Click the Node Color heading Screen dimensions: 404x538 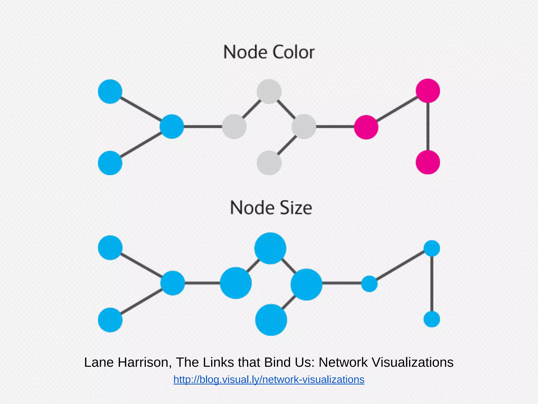(269, 52)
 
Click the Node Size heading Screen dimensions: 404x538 (271, 208)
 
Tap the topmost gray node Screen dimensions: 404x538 (269, 92)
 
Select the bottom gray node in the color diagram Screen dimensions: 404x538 (269, 163)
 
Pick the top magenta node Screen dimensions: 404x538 (428, 91)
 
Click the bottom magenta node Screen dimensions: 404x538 (428, 162)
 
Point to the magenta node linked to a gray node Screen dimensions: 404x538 (366, 127)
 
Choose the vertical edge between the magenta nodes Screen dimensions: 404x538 (428, 127)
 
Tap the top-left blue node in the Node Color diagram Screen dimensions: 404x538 (110, 92)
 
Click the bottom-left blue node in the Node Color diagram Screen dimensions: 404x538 (110, 163)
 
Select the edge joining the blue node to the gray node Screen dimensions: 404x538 (203, 127)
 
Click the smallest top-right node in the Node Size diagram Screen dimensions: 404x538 (432, 248)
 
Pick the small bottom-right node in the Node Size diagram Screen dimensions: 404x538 (432, 319)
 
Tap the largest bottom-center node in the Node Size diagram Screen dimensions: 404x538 (271, 320)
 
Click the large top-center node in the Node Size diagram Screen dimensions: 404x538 (270, 248)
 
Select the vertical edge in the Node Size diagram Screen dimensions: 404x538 (432, 284)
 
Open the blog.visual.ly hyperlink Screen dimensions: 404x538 (269, 380)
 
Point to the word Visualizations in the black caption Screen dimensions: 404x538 (413, 362)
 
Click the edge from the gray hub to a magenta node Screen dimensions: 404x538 (335, 127)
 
